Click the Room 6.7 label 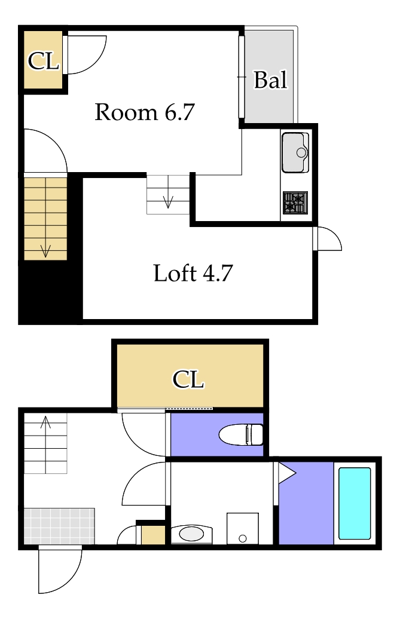point(145,112)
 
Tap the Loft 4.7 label point(193,273)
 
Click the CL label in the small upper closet point(43,61)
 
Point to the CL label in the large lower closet point(188,379)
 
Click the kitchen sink point(295,152)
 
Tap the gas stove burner point(295,203)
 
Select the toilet point(241,434)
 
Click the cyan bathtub point(355,503)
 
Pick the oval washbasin point(191,534)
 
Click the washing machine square point(243,528)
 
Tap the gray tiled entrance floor point(59,526)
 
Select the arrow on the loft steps point(168,202)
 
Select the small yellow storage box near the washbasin point(153,535)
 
